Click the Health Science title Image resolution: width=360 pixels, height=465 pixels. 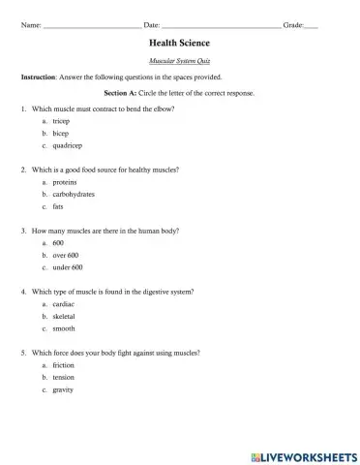point(179,44)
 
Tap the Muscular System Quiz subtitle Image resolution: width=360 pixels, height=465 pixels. point(179,60)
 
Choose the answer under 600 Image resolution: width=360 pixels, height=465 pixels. point(81,267)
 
